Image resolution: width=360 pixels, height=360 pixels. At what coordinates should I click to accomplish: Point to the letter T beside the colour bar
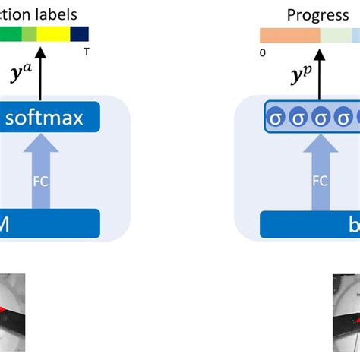(x=86, y=52)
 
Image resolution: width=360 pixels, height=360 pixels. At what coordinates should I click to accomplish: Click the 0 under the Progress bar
(x=262, y=52)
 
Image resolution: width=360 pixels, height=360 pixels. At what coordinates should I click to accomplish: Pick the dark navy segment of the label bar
(x=80, y=33)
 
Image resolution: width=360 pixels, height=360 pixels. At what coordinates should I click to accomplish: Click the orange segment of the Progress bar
(x=289, y=35)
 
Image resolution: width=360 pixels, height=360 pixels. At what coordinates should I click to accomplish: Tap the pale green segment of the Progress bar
(x=335, y=35)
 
